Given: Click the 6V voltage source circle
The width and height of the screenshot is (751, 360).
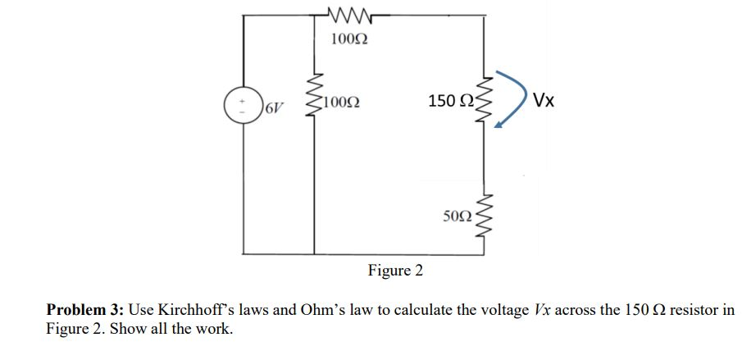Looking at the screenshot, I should (243, 106).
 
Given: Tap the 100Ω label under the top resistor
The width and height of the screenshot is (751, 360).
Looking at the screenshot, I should (349, 39).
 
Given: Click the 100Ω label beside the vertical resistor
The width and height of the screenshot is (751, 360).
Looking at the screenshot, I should (340, 103).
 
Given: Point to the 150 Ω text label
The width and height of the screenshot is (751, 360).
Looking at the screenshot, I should (450, 101).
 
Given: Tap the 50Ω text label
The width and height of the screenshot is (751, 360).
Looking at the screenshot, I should (457, 216).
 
